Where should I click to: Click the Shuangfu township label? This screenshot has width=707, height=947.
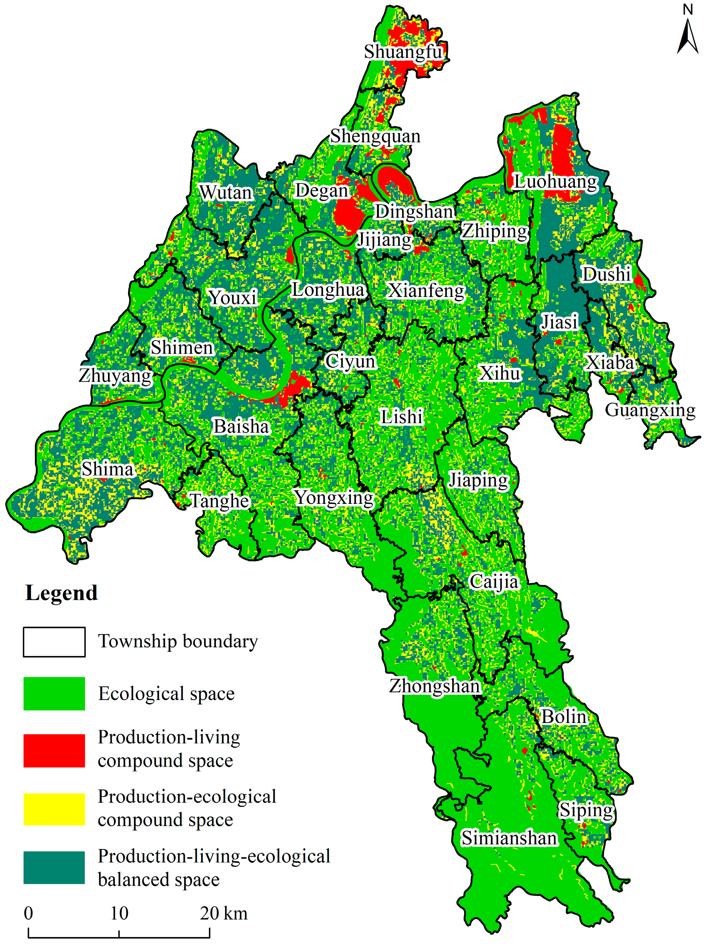403,52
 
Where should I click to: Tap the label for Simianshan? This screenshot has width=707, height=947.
509,838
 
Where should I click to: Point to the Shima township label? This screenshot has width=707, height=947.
108,469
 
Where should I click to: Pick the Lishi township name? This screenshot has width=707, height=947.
401,417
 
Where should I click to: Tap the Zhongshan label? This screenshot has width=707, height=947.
435,686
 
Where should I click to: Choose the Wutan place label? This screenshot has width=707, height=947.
226,192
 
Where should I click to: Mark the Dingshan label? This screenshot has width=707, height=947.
414,211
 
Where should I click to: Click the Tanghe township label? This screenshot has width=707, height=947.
219,501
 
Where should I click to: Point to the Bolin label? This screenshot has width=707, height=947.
563,716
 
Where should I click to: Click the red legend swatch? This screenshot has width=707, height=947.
54,751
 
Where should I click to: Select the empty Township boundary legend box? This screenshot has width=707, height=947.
54,641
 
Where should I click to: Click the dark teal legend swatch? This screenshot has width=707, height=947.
54,867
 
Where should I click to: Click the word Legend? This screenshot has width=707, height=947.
61,593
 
